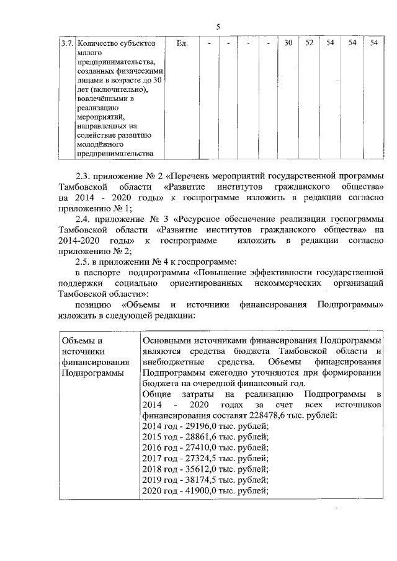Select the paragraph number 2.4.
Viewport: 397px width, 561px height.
[83, 219]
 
